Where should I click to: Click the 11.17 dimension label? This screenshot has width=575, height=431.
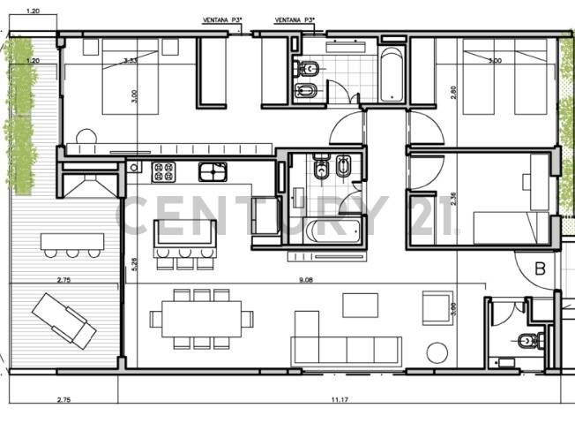click(340, 400)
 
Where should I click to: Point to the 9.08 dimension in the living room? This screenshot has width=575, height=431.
click(306, 280)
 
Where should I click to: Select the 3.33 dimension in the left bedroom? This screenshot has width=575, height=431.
click(130, 61)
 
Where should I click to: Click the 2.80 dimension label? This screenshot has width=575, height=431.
click(455, 92)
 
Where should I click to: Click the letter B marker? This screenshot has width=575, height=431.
click(540, 270)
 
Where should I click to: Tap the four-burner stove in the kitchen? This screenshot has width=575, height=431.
click(164, 170)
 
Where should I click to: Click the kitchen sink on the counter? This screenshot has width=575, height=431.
click(213, 170)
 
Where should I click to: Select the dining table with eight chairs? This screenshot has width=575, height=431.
click(201, 318)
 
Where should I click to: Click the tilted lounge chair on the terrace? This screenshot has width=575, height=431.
click(63, 319)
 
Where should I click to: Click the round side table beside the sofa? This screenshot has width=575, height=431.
click(437, 352)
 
